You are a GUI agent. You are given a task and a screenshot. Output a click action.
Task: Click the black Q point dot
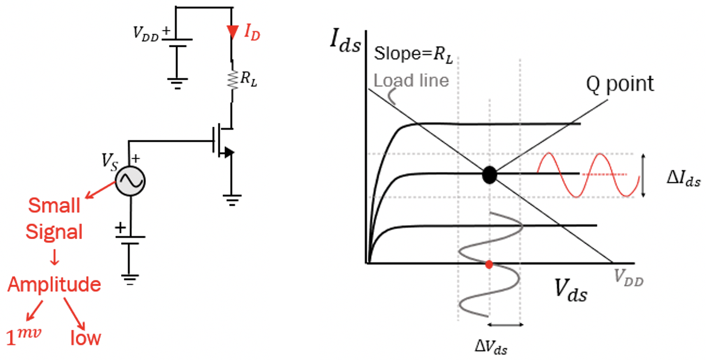point(490,175)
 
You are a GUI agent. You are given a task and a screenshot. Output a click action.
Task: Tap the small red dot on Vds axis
point(489,264)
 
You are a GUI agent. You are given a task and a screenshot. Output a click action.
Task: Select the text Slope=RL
point(413,54)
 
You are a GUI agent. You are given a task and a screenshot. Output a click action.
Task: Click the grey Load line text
point(411,79)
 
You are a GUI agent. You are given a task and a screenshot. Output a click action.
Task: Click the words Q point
point(620,84)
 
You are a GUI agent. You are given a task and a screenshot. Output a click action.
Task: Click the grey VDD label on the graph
point(628,276)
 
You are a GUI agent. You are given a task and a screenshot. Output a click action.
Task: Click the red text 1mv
point(23,337)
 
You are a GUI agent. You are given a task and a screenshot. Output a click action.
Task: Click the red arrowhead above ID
point(232,31)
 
